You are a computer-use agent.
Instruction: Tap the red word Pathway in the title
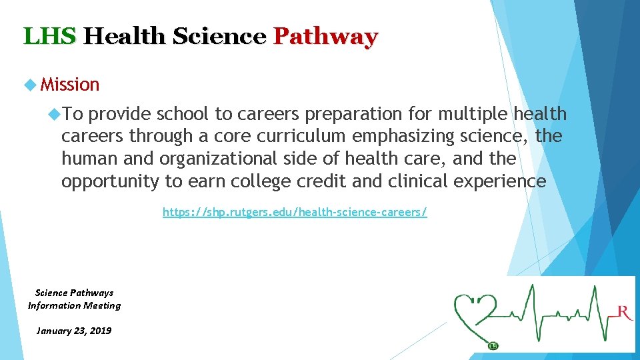coord(325,36)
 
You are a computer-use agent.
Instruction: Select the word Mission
coord(70,85)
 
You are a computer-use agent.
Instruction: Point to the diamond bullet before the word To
coord(55,115)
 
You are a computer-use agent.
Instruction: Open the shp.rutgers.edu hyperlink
coord(295,213)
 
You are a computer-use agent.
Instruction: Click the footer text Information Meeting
coord(74,305)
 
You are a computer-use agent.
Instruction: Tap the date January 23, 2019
coord(74,331)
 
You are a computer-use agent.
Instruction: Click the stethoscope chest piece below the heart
coord(493,345)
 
